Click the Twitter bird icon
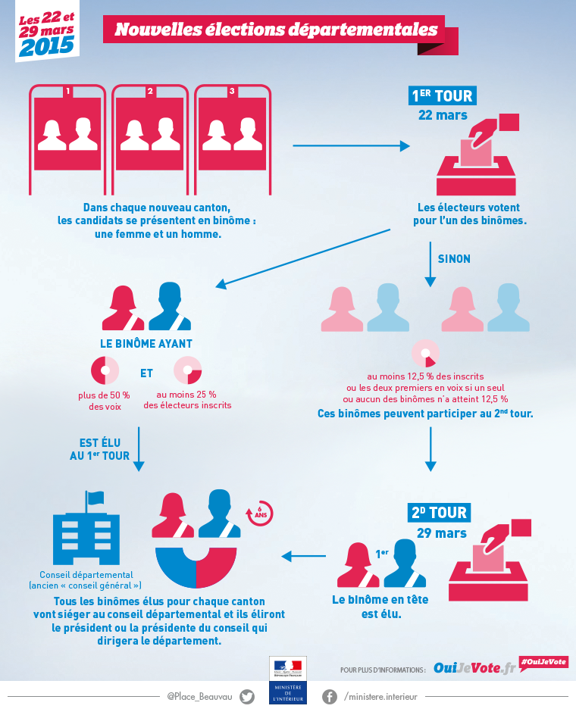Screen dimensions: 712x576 [247, 697]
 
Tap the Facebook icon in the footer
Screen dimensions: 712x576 [330, 697]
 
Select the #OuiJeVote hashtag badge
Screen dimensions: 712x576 [543, 661]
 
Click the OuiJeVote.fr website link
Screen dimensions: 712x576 [474, 668]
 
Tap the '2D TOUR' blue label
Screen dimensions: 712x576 [440, 512]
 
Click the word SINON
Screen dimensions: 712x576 [454, 259]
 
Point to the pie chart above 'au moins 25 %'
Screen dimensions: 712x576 [187, 371]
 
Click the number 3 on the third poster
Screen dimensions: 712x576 [232, 91]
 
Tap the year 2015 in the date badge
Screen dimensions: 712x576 [46, 46]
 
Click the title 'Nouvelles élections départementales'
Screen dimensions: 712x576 [276, 30]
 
